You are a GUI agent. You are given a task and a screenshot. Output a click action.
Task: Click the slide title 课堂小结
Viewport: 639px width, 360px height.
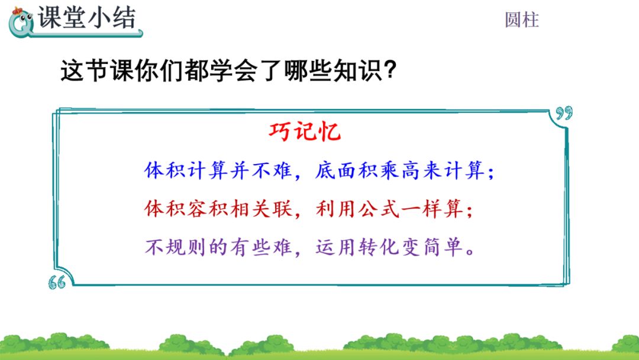pos(87,19)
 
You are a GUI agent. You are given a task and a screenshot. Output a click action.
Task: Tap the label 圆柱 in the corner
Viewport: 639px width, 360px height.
pos(521,20)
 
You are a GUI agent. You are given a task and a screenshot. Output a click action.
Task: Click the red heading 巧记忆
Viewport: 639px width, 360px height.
pos(305,131)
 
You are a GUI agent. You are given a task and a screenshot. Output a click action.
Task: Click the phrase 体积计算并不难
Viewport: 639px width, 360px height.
pos(219,171)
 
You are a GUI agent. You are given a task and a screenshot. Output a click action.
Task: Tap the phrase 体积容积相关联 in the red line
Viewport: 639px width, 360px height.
pos(219,209)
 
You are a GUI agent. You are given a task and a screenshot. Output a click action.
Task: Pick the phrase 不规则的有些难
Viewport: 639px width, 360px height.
pos(219,247)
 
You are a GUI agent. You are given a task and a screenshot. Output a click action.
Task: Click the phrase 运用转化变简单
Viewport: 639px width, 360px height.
pos(390,247)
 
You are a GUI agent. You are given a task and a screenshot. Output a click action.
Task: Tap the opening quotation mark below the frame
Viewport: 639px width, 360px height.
pos(57,283)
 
